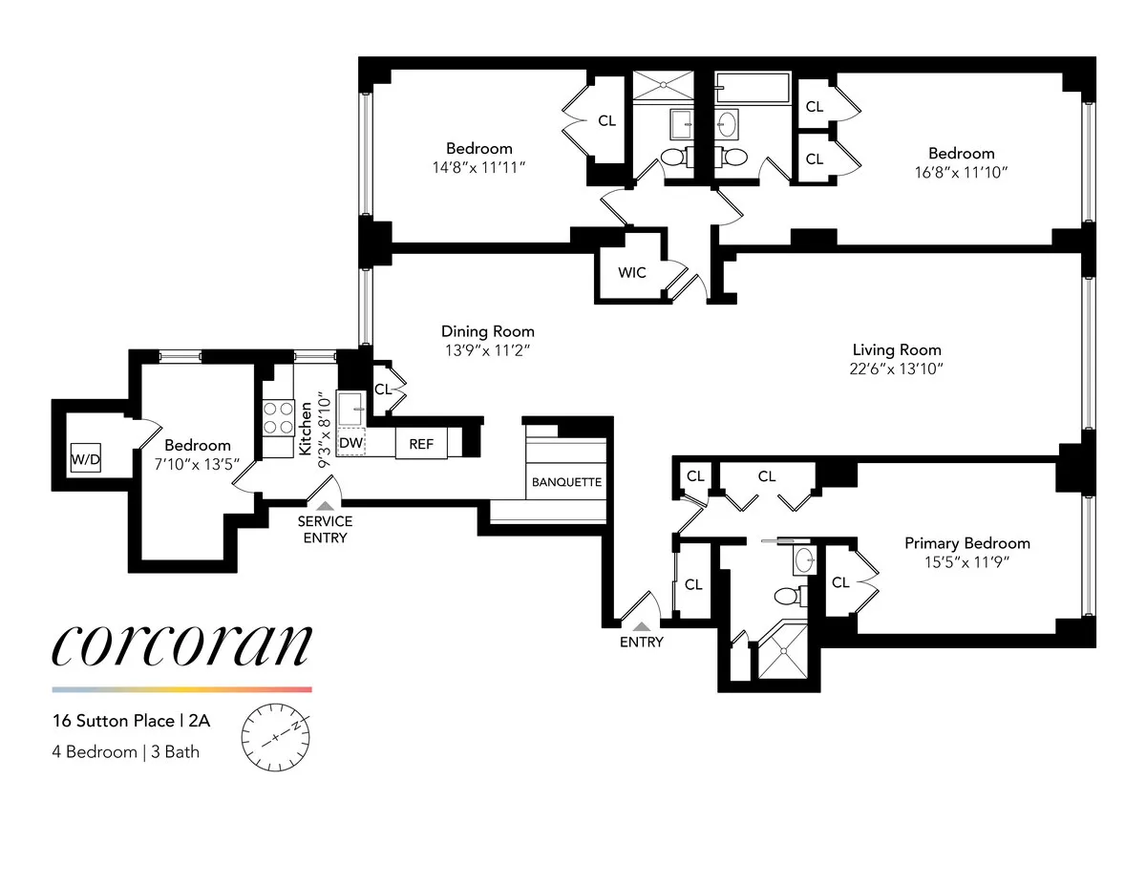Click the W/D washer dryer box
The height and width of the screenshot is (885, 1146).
[x=86, y=460]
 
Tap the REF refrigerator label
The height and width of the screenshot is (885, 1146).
[x=421, y=444]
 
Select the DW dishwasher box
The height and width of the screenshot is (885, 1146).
[x=350, y=443]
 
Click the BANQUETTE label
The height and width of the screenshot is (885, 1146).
[x=566, y=482]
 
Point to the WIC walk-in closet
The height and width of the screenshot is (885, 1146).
[x=631, y=273]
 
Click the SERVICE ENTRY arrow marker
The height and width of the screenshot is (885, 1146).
[x=326, y=506]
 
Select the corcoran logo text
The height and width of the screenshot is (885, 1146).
[x=181, y=646]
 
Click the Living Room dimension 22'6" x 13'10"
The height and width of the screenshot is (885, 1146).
[x=897, y=369]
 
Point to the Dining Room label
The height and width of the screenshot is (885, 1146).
[x=487, y=331]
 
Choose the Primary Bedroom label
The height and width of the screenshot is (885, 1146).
[x=967, y=543]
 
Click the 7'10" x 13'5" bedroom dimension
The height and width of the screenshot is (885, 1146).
[x=198, y=464]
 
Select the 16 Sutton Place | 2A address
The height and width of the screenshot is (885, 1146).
[x=131, y=722]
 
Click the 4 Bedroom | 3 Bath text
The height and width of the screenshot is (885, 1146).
[x=125, y=751]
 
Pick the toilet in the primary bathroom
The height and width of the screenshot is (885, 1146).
[x=788, y=598]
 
